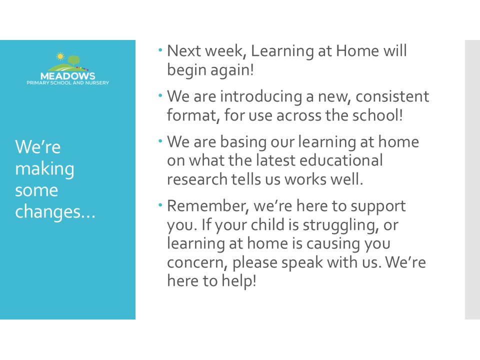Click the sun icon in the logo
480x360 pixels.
point(60,56)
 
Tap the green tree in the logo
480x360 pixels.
point(73,60)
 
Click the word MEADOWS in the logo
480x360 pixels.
point(67,76)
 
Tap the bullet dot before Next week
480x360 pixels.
point(160,49)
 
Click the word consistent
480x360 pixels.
point(392,96)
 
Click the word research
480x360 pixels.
point(197,179)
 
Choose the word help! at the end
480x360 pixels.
point(239,280)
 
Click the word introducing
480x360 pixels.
point(261,97)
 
